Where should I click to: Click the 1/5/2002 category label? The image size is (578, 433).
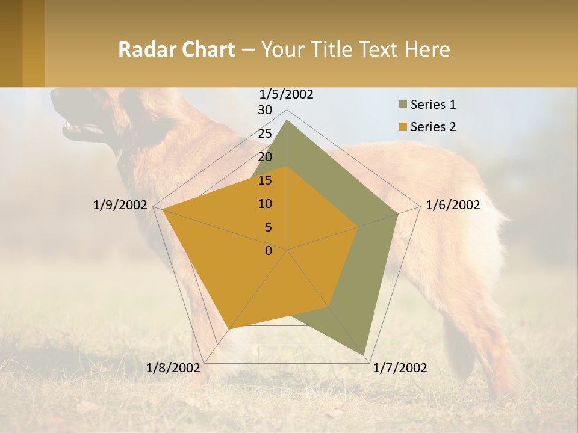pyautogui.click(x=286, y=94)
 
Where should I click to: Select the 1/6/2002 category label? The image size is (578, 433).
pyautogui.click(x=453, y=205)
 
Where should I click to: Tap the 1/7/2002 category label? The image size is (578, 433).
pyautogui.click(x=400, y=368)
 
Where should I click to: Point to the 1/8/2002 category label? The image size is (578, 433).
pyautogui.click(x=173, y=368)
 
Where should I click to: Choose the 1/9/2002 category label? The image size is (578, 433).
pyautogui.click(x=120, y=205)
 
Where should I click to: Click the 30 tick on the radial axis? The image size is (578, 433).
pyautogui.click(x=265, y=110)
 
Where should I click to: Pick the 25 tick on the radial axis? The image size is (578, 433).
pyautogui.click(x=265, y=134)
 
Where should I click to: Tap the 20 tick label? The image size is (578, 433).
pyautogui.click(x=265, y=157)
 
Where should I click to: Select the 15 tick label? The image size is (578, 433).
pyautogui.click(x=265, y=180)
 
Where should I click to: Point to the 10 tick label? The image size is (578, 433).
pyautogui.click(x=265, y=204)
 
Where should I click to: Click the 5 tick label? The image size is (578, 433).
pyautogui.click(x=269, y=227)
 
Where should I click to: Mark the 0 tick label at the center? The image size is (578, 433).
pyautogui.click(x=269, y=251)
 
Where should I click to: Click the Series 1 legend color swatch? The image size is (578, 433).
pyautogui.click(x=403, y=105)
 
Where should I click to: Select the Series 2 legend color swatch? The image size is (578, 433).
pyautogui.click(x=403, y=127)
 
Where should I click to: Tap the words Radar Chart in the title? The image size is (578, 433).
pyautogui.click(x=176, y=49)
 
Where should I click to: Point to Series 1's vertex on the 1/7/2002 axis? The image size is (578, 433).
pyautogui.click(x=364, y=355)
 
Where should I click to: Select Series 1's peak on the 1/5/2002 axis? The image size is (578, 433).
pyautogui.click(x=287, y=120)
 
